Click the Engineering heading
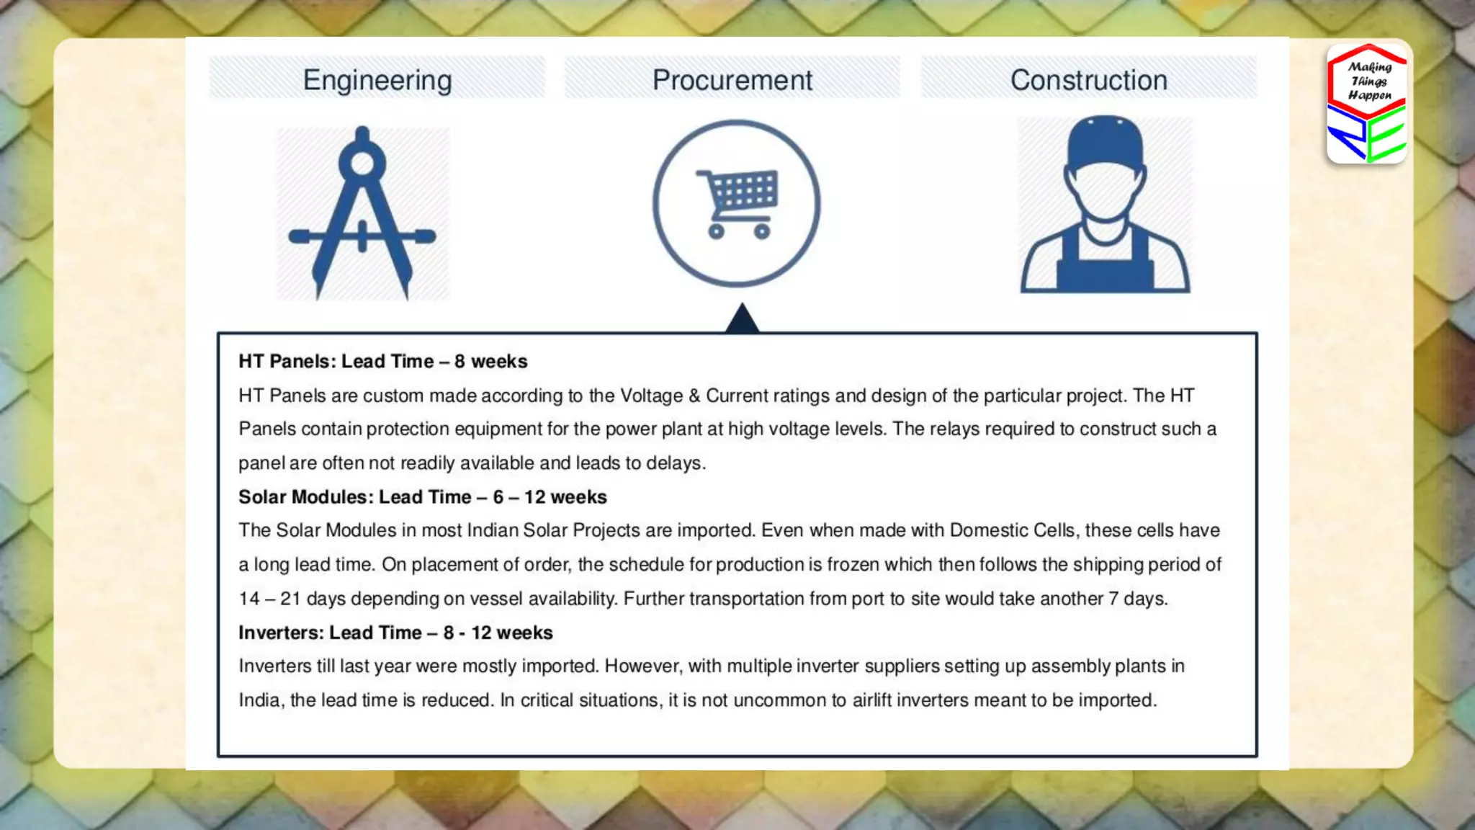pos(377,80)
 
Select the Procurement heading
pos(732,80)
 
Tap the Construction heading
pos(1088,80)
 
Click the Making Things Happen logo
pos(1366,103)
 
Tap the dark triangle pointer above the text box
pos(742,319)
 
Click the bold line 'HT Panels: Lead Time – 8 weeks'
pos(382,361)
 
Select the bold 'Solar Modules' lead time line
pos(422,497)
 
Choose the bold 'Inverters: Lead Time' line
pos(395,633)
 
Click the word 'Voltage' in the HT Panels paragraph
pos(651,396)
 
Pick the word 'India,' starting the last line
pos(260,700)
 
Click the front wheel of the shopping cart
pos(762,231)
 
